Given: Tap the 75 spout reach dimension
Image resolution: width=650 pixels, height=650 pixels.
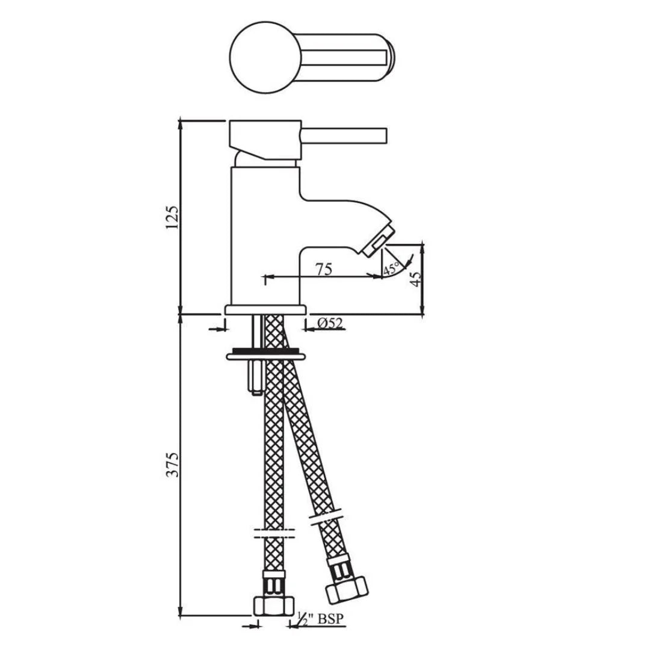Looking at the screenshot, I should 324,269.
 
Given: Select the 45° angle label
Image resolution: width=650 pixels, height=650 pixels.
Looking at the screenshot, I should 391,268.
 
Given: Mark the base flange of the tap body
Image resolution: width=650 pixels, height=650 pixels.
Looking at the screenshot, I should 265,309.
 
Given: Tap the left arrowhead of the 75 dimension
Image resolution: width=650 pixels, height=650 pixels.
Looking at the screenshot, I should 267,277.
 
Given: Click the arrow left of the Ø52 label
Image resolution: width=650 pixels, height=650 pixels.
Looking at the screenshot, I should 218,329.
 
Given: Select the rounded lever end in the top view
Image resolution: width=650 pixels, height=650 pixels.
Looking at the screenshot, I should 385,59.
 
